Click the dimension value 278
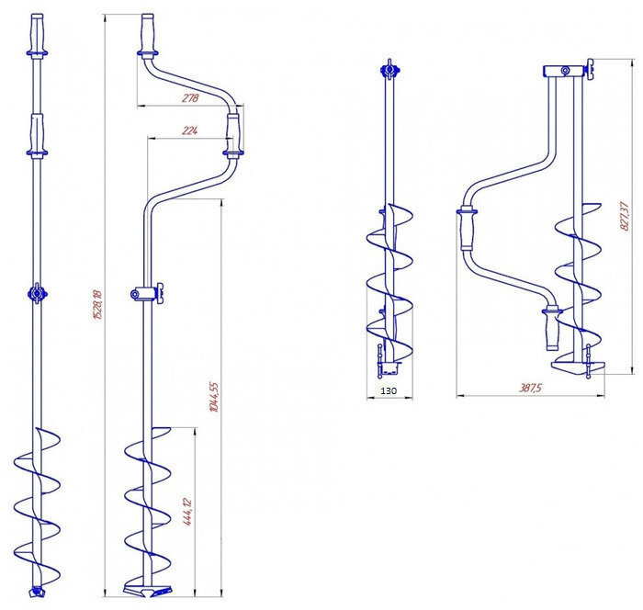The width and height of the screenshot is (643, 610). pos(190,98)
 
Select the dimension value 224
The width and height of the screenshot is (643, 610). pos(189,130)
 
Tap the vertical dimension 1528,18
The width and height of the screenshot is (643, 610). pos(97,304)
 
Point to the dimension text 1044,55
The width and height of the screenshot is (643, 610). pos(214,397)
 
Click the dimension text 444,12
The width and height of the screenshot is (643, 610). pos(187,512)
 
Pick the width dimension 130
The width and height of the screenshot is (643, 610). pos(389,391)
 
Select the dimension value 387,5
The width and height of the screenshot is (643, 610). pos(531,388)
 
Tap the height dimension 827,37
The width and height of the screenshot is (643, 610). pos(624,216)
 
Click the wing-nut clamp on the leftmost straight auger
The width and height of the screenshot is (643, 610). pos(38,293)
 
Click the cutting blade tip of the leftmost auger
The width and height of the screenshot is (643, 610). pos(37,592)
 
